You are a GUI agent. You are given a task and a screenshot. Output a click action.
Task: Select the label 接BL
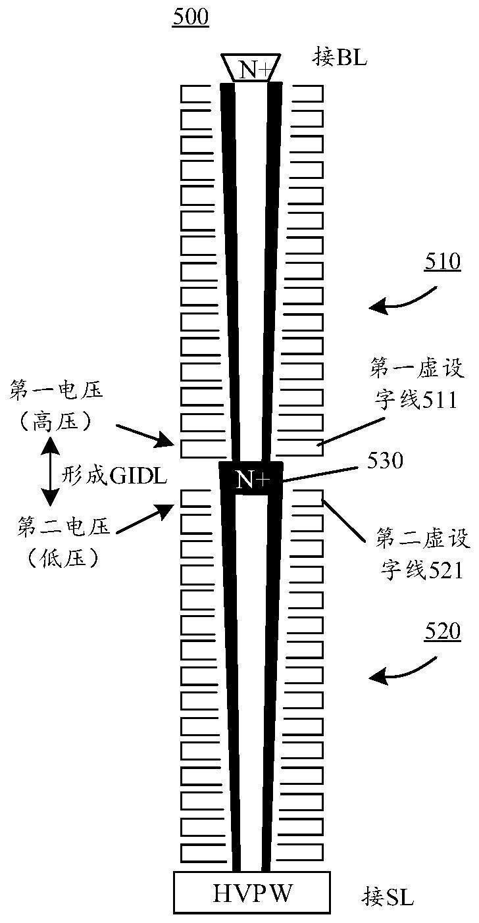tap(339, 57)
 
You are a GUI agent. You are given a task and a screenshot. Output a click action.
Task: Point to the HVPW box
tap(252, 893)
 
